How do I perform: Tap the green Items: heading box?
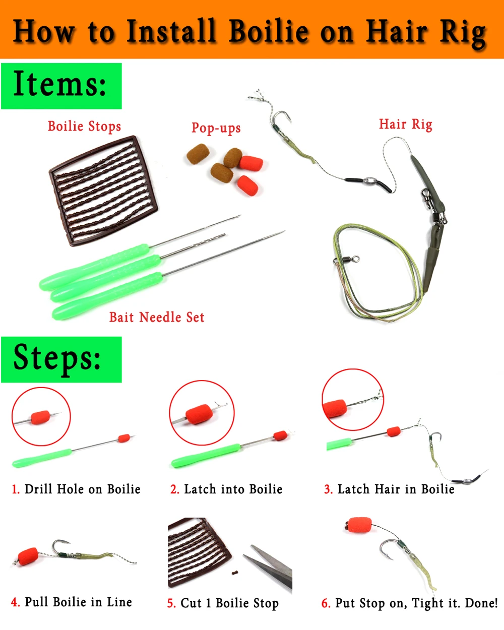[61, 85]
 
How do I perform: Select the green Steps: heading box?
[61, 359]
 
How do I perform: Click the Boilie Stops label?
[84, 126]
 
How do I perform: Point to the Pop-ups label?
[216, 128]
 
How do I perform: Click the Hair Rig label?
[405, 124]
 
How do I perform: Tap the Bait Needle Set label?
[157, 317]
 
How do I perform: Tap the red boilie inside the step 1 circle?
[40, 417]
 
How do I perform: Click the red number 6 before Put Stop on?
[326, 603]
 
